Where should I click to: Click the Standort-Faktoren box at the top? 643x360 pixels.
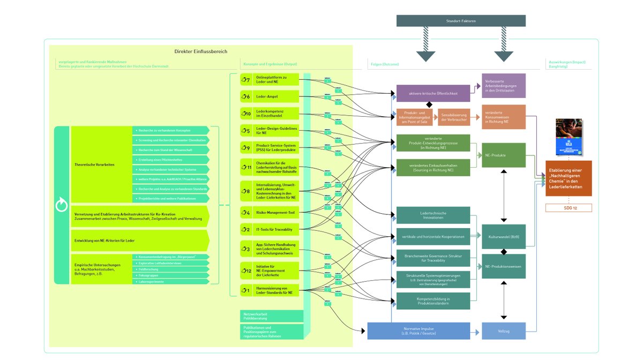(x=461, y=20)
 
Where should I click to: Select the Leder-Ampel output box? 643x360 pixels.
(x=269, y=96)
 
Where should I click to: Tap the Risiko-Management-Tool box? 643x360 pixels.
(x=269, y=213)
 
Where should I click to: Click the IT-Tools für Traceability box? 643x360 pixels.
(x=269, y=230)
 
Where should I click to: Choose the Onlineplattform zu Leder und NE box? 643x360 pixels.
(x=269, y=80)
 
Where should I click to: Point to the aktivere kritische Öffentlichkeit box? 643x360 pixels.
(x=433, y=93)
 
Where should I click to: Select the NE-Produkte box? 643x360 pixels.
(x=504, y=155)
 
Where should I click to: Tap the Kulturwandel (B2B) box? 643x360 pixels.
(x=504, y=236)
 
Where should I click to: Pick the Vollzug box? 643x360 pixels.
(x=504, y=331)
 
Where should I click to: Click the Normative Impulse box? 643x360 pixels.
(x=418, y=331)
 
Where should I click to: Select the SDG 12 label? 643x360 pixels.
(x=569, y=208)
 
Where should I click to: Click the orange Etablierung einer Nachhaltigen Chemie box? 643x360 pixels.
(x=569, y=178)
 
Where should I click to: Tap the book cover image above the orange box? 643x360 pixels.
(x=569, y=137)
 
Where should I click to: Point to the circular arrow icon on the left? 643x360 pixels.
(x=62, y=205)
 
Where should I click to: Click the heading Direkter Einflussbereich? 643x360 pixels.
(x=201, y=51)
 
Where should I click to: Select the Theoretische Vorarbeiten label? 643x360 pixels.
(x=94, y=164)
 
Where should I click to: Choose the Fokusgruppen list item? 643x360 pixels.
(x=170, y=275)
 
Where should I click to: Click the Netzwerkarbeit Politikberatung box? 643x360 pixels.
(x=271, y=316)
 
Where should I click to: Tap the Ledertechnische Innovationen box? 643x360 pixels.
(x=433, y=215)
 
